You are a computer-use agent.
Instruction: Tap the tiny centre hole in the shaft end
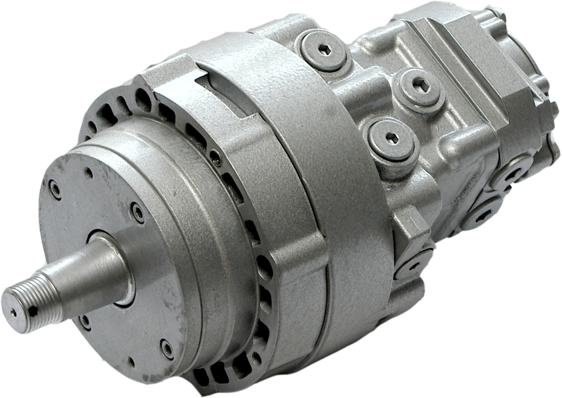(x=14, y=312)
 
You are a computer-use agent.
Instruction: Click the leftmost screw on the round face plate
(x=55, y=190)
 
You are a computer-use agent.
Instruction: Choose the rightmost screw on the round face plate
(x=167, y=348)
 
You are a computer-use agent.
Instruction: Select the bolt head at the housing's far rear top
(x=498, y=14)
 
